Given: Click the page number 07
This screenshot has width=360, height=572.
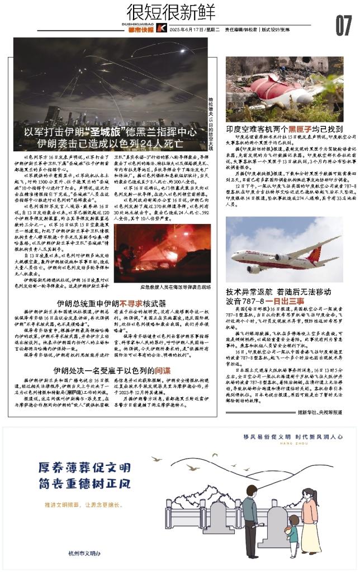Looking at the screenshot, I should [343, 26].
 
